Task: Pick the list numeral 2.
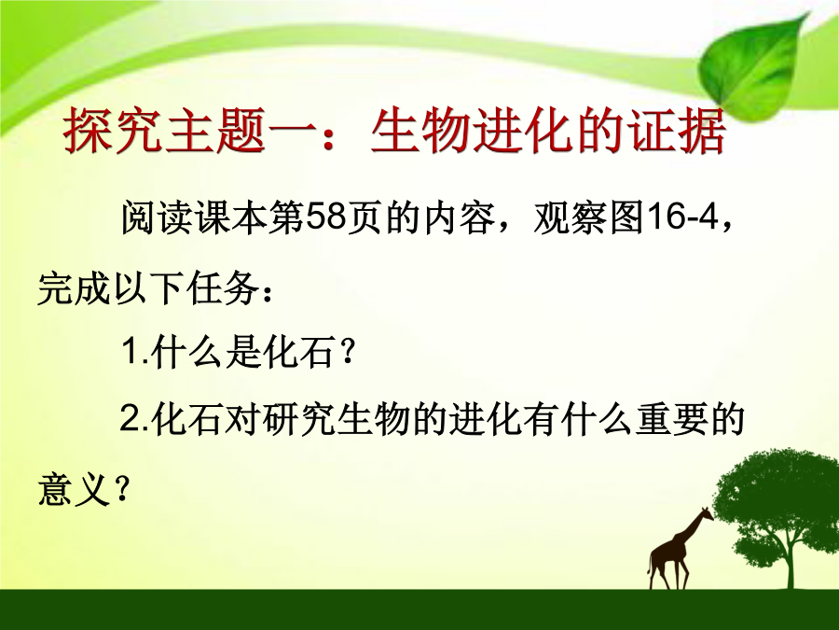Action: (130, 418)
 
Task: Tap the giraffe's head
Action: (707, 515)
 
